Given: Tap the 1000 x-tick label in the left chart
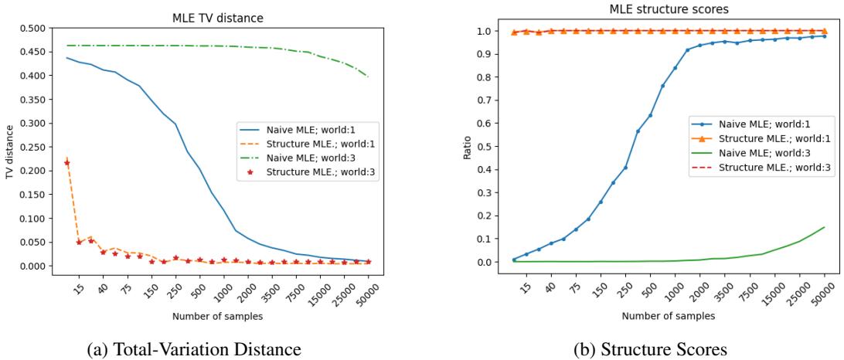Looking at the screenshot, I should click(x=220, y=287).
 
